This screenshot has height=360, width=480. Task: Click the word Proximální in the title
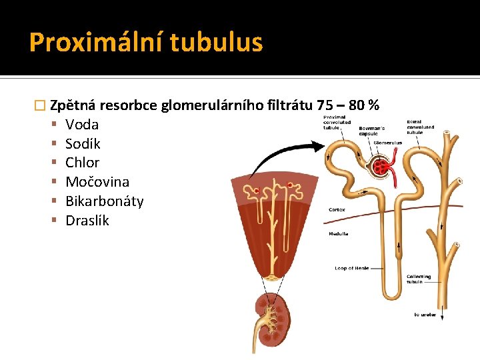[96, 43]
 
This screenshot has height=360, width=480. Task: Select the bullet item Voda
[82, 125]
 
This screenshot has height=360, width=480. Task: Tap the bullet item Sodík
[83, 144]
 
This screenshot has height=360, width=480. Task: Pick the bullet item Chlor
[82, 163]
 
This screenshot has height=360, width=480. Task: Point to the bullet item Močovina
[97, 182]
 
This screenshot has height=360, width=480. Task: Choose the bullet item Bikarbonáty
[104, 201]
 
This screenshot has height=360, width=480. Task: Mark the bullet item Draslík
[87, 221]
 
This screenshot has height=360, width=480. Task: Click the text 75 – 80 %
[348, 105]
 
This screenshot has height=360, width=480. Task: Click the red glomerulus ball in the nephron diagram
[384, 166]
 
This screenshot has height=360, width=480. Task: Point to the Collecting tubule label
[419, 279]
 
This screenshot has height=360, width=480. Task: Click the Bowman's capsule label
[371, 131]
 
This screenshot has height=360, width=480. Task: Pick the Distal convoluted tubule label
[420, 127]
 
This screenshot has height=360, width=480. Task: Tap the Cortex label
[336, 209]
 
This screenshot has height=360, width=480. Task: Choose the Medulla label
[338, 234]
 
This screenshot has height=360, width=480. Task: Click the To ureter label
[425, 315]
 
